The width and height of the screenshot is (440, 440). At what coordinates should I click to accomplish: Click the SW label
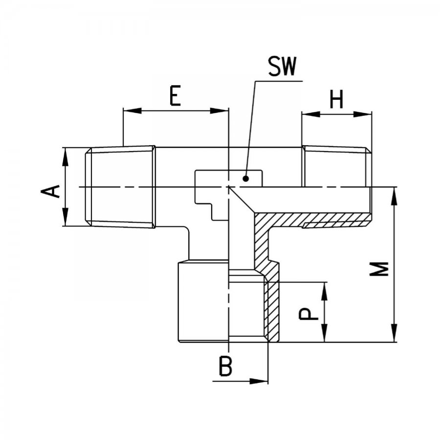[x=282, y=66]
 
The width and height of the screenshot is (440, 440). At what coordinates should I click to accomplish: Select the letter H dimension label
[x=336, y=100]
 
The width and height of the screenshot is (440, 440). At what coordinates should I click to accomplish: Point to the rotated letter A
[x=50, y=191]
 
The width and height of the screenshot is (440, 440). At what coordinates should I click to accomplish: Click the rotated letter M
[x=379, y=269]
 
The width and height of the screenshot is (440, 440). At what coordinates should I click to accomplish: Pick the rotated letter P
[x=308, y=314]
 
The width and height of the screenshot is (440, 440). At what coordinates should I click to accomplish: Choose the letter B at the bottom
[x=225, y=366]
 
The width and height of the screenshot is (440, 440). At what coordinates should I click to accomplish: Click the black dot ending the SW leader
[x=246, y=178]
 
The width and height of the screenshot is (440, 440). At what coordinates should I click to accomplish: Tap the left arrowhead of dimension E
[x=132, y=110]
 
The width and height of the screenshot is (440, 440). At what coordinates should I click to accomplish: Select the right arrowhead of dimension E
[x=220, y=110]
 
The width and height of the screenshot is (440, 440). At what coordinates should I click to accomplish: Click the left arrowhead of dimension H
[x=311, y=114]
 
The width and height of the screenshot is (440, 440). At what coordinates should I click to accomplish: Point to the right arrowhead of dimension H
[x=362, y=114]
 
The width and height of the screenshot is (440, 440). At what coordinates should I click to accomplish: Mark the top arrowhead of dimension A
[x=66, y=156]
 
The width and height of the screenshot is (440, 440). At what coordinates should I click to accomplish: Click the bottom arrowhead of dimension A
[x=66, y=217]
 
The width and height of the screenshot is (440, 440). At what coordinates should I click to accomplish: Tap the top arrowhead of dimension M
[x=394, y=197]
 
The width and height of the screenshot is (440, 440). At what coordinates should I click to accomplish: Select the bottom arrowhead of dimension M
[x=394, y=333]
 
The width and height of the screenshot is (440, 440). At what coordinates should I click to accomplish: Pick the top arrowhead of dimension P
[x=325, y=291]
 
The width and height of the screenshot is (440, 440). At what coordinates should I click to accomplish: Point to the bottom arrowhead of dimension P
[x=325, y=333]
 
